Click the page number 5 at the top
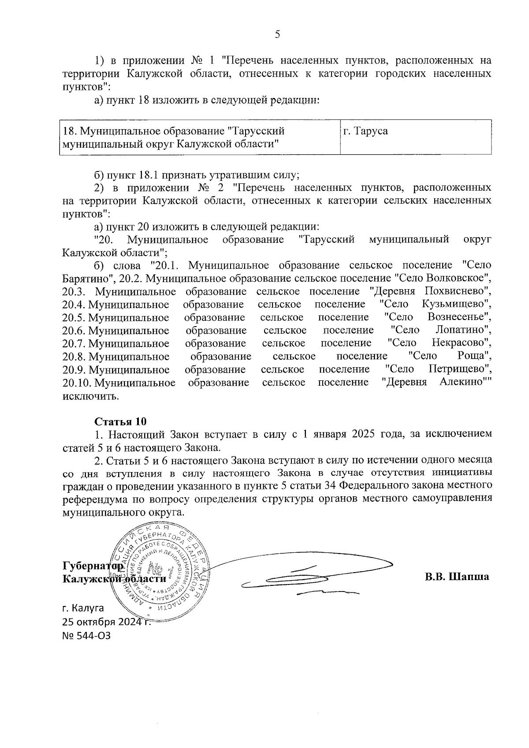pos(277,35)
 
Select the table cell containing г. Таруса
pos(416,137)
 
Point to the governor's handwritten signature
pos(309,577)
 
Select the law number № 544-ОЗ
pos(86,636)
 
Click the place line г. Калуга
pos(83,608)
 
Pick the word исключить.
pos(91,395)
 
